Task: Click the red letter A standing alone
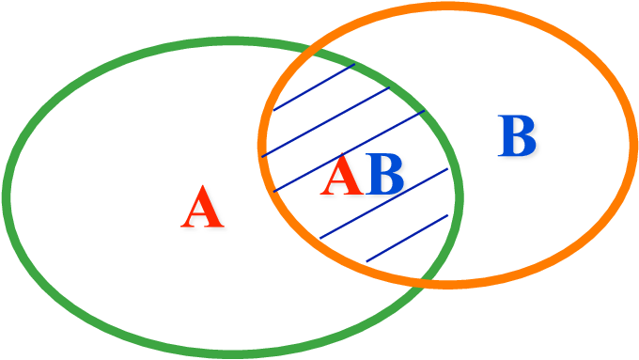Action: point(203,208)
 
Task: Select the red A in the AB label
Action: point(345,176)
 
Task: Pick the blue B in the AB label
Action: point(385,176)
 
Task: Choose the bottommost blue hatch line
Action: point(408,238)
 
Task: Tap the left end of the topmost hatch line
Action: point(274,110)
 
